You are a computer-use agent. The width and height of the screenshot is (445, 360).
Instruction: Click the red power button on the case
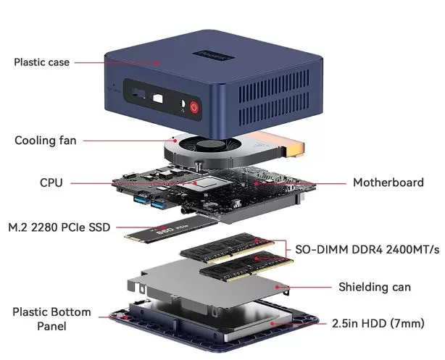(194, 108)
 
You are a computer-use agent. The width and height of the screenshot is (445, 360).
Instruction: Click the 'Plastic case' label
(42, 62)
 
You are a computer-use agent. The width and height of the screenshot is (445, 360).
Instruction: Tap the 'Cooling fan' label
(45, 140)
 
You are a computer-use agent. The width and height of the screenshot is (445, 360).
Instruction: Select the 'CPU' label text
(51, 183)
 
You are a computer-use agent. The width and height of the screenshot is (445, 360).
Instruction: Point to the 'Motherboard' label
(388, 183)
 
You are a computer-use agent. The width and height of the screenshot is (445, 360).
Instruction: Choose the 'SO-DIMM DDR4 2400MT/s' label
(367, 249)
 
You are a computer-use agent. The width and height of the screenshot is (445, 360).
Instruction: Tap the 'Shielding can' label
(374, 287)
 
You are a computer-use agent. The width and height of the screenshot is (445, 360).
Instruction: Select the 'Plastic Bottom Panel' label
(51, 319)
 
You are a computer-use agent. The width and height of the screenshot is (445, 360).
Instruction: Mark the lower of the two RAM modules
(240, 269)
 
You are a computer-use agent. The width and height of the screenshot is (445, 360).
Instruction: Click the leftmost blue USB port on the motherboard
(139, 201)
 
